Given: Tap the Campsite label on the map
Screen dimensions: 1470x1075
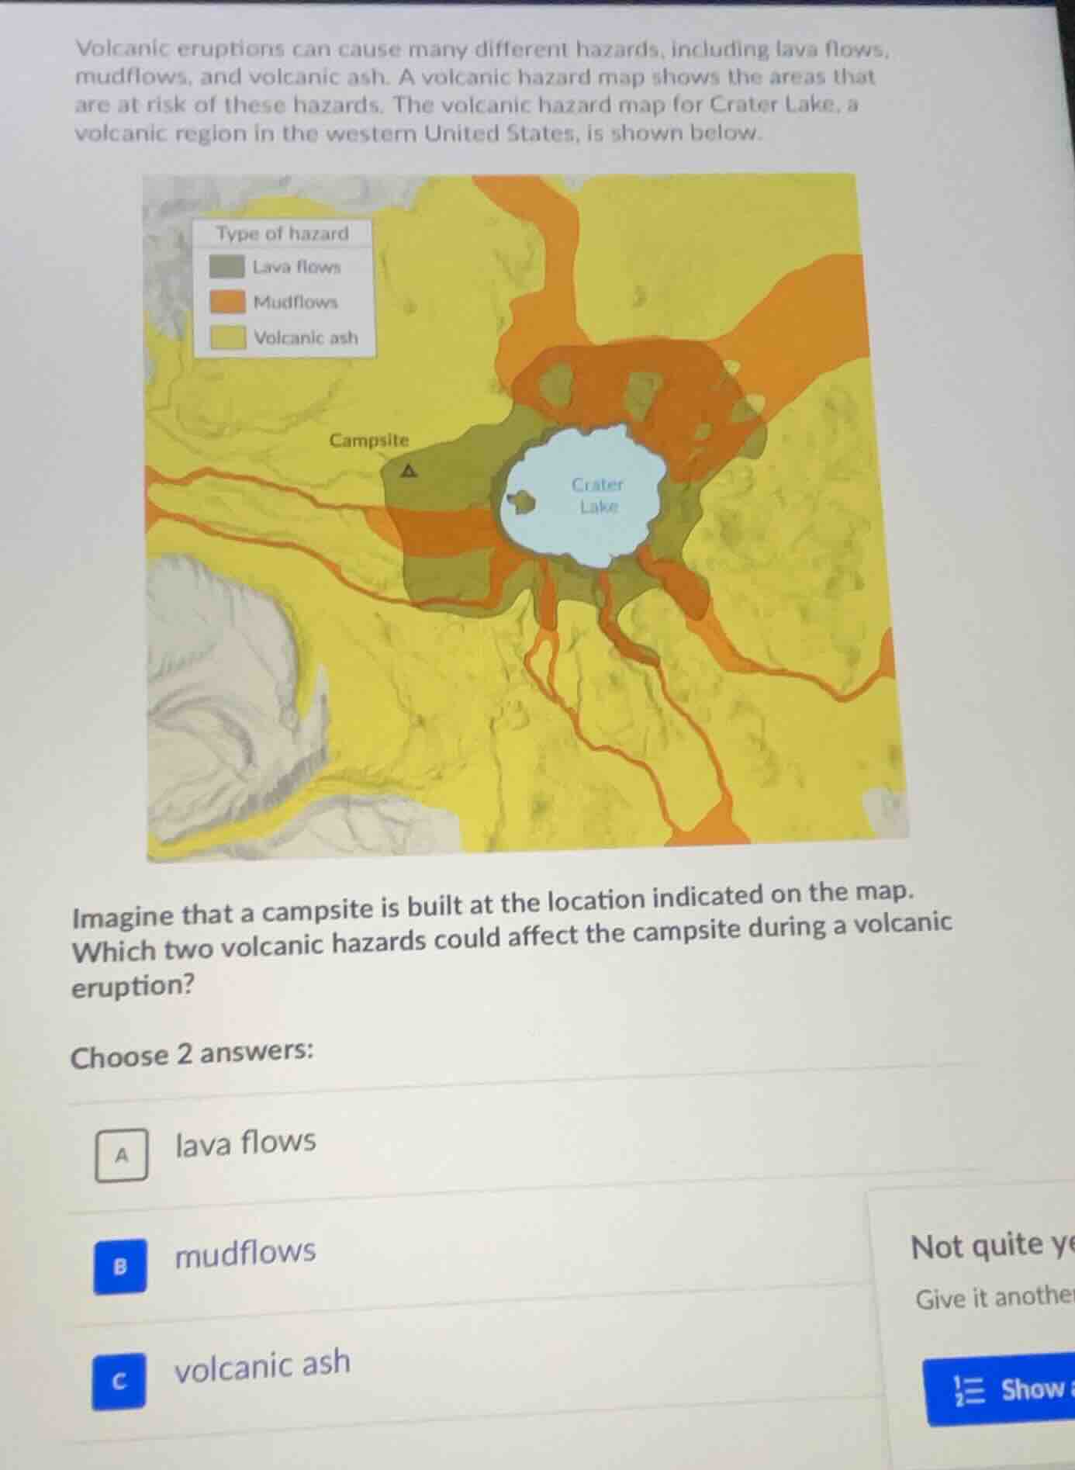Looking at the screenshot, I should (x=368, y=441).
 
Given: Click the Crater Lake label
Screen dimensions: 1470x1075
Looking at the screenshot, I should (x=597, y=495).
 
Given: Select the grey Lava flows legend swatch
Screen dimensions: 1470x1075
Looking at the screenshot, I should (x=226, y=267).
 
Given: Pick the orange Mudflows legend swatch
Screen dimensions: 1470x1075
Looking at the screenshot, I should (x=226, y=302).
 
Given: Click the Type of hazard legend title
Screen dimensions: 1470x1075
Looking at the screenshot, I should (x=282, y=233).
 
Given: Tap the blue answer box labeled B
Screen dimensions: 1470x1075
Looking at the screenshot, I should (x=120, y=1267).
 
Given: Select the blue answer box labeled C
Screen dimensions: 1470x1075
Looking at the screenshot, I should (x=119, y=1382).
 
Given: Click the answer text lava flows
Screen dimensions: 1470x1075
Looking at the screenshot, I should (x=245, y=1143).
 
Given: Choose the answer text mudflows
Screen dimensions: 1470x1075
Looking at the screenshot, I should (x=245, y=1253).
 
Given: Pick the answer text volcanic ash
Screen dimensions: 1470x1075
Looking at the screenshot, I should (x=262, y=1365).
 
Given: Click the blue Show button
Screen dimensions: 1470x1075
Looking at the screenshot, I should (x=1008, y=1389).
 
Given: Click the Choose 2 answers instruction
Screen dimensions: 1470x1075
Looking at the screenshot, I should (x=192, y=1054).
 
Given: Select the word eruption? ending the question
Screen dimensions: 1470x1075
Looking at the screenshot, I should (x=133, y=987).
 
